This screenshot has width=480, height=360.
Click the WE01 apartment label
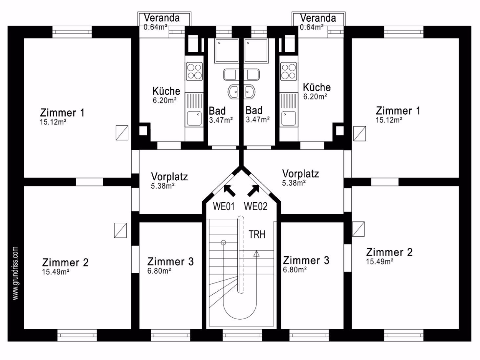click(224, 206)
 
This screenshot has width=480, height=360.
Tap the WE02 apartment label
click(256, 206)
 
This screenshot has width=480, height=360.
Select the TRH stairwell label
click(257, 234)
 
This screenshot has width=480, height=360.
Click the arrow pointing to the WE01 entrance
click(229, 191)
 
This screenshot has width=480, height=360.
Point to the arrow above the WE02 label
click(253, 191)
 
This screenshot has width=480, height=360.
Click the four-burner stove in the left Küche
click(194, 71)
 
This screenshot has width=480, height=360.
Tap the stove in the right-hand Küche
click(289, 71)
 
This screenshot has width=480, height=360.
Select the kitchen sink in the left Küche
click(194, 119)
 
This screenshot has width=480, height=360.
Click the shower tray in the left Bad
click(227, 51)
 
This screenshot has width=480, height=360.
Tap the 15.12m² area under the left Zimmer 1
click(53, 122)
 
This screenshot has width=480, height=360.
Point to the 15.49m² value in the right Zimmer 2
click(380, 261)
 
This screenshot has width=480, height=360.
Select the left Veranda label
click(162, 18)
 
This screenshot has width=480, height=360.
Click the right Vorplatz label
click(300, 174)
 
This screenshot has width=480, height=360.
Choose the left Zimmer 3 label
click(170, 261)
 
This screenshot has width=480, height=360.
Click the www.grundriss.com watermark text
click(15, 273)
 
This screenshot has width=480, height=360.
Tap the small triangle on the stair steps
click(256, 254)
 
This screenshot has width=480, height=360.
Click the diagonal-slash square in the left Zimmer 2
click(120, 230)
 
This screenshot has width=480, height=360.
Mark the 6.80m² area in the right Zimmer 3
click(295, 270)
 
